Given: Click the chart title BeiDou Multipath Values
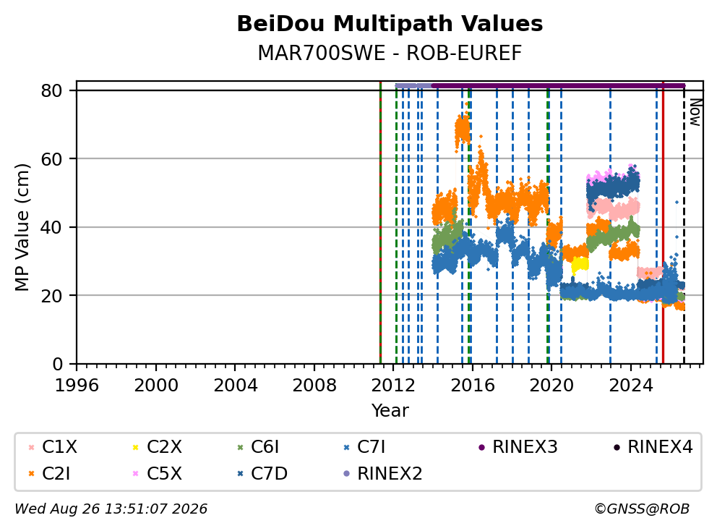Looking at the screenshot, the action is tap(390, 24).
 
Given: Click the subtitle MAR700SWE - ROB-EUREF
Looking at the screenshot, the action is tap(390, 53).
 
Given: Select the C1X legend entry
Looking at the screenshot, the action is tap(53, 447).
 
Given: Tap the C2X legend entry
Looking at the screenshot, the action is tap(158, 447).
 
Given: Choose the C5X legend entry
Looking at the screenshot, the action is tap(158, 473).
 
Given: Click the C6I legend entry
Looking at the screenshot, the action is tap(258, 447).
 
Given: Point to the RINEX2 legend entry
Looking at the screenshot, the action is tap(383, 473).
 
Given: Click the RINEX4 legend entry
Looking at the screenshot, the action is tap(653, 447).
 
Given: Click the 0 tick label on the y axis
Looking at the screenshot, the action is tap(58, 365).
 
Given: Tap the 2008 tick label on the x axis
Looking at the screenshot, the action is tap(314, 386).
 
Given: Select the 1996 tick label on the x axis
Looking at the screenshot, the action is tap(77, 386).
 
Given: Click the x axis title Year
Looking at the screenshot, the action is tap(390, 411).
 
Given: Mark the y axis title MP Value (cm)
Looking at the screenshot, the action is tap(22, 227).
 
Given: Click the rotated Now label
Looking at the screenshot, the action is tap(695, 112).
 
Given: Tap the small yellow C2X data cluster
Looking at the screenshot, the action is tap(580, 265).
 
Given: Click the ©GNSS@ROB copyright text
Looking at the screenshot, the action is tap(642, 509).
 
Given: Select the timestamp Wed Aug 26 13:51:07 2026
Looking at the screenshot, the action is tap(111, 509).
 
